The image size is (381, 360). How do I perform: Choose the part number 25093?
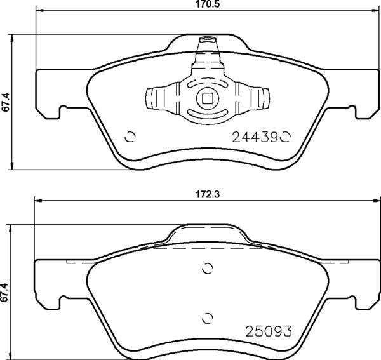coord(269,331)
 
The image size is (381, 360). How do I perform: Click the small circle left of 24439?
coord(131,136)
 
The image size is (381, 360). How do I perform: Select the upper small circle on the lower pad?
coord(206,269)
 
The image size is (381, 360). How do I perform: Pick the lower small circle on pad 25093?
coord(206,317)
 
